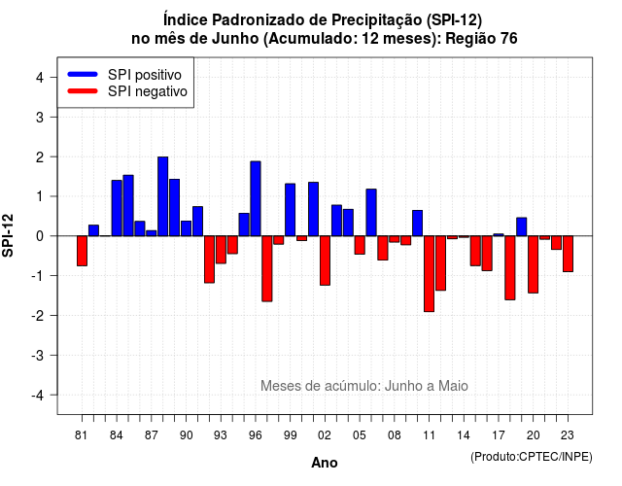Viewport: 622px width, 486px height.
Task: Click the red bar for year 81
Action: pos(82,251)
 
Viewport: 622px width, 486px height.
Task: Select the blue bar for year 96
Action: pos(256,198)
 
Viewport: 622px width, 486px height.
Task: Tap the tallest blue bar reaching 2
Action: pos(162,196)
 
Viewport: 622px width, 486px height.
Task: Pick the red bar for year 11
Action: pos(429,274)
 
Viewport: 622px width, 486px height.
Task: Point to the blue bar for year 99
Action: pos(290,210)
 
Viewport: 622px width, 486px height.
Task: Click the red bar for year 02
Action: pos(325,260)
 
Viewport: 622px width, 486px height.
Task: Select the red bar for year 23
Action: pos(568,254)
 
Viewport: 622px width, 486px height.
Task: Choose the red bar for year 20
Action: pos(534,264)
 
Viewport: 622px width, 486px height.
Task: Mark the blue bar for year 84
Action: pos(117,208)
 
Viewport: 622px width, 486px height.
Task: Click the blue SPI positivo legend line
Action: pos(83,74)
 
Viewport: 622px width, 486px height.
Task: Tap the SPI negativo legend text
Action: pos(147,91)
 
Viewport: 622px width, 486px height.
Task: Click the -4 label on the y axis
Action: pos(38,395)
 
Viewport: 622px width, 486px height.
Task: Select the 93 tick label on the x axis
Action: pos(221,435)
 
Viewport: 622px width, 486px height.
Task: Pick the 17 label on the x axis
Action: pos(499,435)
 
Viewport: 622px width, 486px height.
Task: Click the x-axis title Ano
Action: pos(325,463)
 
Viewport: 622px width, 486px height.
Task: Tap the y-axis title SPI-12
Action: pos(8,235)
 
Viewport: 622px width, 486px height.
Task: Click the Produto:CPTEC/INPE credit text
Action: pos(532,457)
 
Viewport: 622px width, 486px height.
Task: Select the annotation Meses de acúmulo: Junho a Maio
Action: pos(364,386)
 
